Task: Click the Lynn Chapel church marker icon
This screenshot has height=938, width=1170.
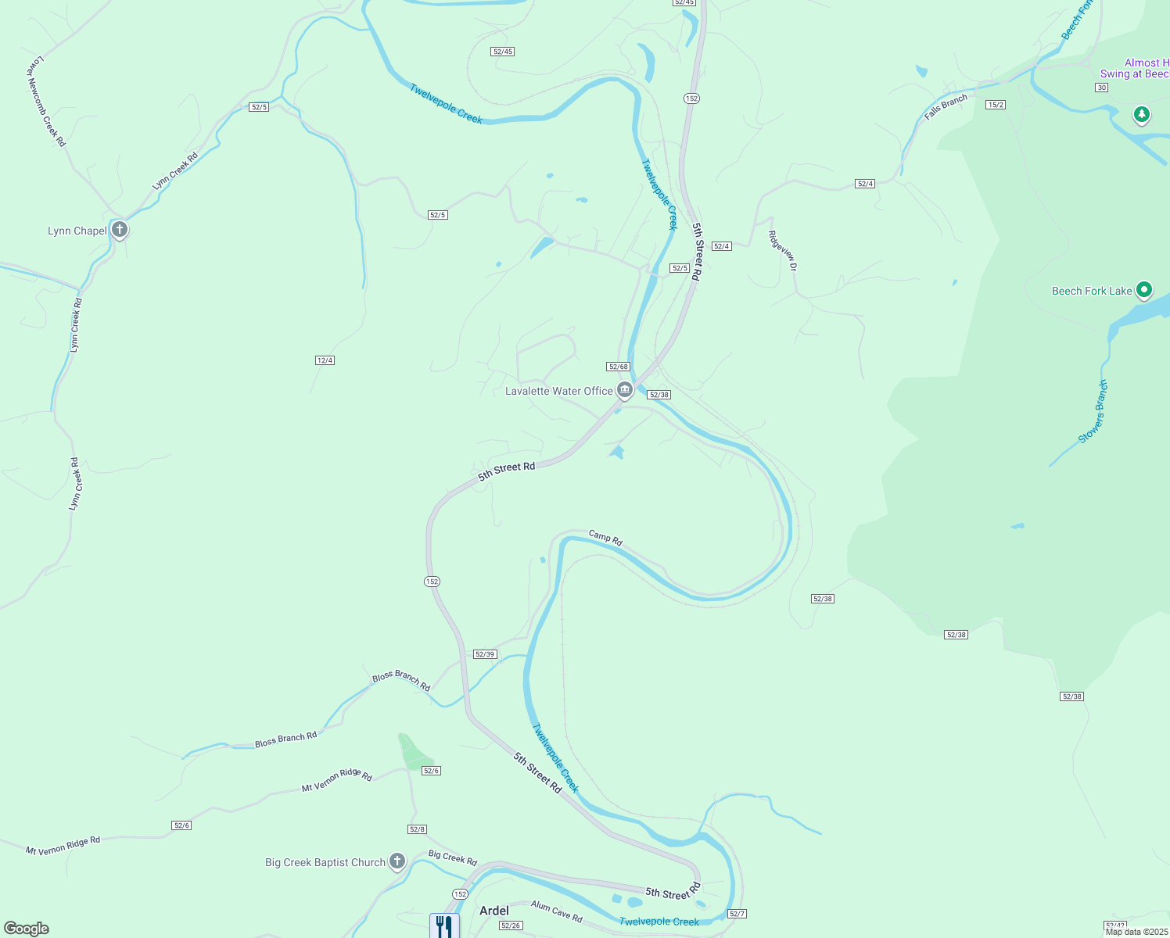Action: [120, 230]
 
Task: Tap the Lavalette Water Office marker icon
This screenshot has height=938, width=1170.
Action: [624, 390]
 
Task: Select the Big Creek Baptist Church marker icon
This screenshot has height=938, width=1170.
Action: [397, 861]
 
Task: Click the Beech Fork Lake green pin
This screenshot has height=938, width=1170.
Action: [1143, 290]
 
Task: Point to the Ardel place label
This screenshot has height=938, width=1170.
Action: [493, 911]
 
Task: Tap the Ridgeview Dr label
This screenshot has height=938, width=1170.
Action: [782, 250]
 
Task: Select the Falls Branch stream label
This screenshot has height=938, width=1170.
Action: [946, 106]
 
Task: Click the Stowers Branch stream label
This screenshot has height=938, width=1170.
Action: [1093, 412]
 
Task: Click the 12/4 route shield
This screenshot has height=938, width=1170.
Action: [325, 360]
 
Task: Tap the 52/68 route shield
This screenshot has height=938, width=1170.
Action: [618, 367]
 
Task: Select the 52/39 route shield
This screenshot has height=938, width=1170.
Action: [485, 654]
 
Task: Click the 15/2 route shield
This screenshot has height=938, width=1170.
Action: [995, 105]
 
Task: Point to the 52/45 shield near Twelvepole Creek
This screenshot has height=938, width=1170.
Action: [502, 52]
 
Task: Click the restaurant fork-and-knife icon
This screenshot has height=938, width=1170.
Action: [443, 926]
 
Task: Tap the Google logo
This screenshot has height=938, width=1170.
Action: [27, 929]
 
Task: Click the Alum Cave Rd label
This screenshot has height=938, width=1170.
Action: [556, 911]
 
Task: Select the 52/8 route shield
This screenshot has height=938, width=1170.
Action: [417, 829]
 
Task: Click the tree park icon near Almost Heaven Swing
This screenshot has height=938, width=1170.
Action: [1142, 115]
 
